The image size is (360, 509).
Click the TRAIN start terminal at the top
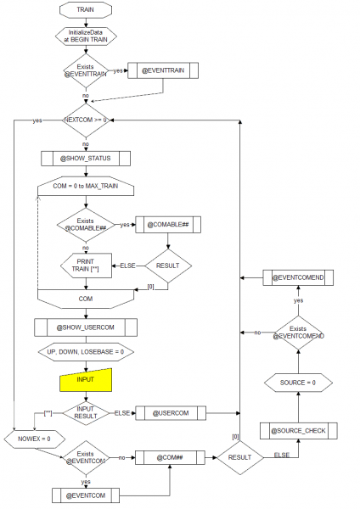pyautogui.click(x=86, y=10)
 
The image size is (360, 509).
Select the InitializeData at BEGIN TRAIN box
pyautogui.click(x=86, y=36)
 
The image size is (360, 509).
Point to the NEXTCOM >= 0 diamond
pyautogui.click(x=86, y=120)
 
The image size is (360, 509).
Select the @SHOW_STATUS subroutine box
pyautogui.click(x=86, y=158)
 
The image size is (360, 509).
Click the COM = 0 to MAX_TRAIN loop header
pyautogui.click(x=86, y=187)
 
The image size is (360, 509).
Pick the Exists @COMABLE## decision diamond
pyautogui.click(x=86, y=225)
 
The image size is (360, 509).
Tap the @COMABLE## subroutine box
pyautogui.click(x=168, y=225)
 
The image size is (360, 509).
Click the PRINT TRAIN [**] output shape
pyautogui.click(x=86, y=266)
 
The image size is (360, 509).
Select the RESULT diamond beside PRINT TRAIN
pyautogui.click(x=168, y=266)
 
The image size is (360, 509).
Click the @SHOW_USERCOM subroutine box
pyautogui.click(x=86, y=327)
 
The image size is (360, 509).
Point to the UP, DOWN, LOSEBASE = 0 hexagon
pyautogui.click(x=86, y=352)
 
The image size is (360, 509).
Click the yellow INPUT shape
pyautogui.click(x=86, y=379)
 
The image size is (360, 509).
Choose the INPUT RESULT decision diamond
pyautogui.click(x=86, y=413)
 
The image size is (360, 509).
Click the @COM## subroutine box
pyautogui.click(x=170, y=457)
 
